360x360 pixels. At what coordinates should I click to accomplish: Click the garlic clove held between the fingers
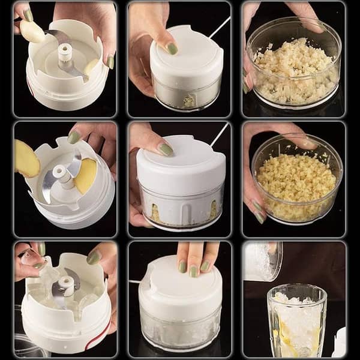coord(31,31)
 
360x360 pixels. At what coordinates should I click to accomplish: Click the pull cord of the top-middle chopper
coord(220,27)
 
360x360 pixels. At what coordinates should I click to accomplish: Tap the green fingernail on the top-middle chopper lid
coord(172,49)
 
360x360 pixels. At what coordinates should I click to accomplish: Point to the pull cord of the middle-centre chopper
coord(219,134)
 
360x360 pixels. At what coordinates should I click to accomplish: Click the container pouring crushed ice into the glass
coord(262,262)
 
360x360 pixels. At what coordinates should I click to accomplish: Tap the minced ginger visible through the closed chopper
coord(157,213)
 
